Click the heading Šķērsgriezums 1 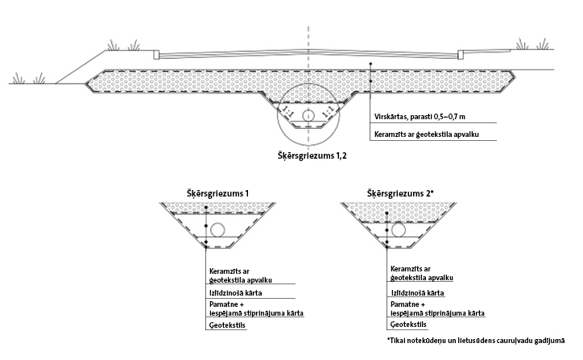(217, 193)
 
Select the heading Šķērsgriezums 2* (401, 193)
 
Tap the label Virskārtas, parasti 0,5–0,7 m (420, 117)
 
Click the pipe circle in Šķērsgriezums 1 (217, 230)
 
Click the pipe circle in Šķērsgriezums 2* (399, 230)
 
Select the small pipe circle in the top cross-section (308, 116)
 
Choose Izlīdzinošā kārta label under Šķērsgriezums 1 (235, 293)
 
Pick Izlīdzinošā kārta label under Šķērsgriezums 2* (418, 293)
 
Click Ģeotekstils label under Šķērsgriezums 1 (227, 325)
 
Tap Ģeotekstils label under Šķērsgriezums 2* (408, 325)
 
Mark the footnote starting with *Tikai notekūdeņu (476, 341)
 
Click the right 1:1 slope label (327, 111)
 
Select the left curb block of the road (156, 55)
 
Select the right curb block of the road (461, 54)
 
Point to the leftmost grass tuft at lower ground (19, 78)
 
